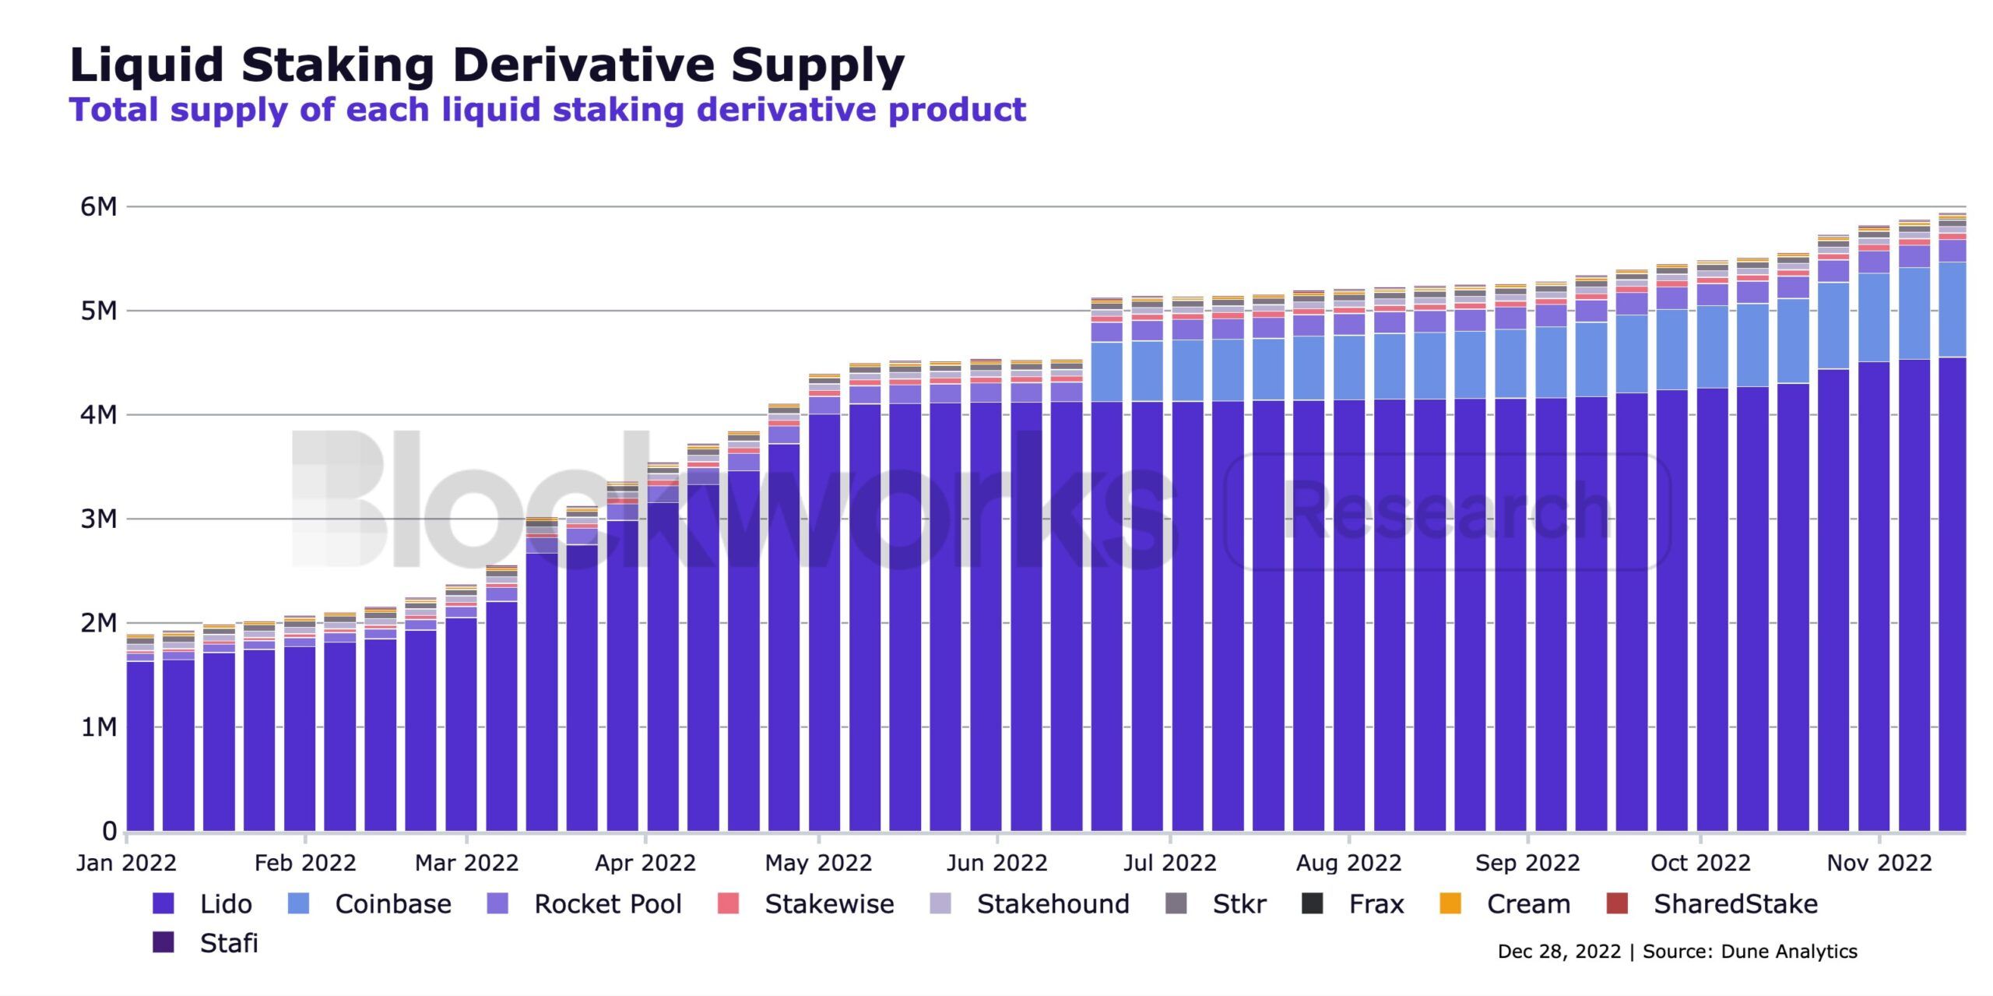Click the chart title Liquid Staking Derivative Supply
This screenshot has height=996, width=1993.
click(487, 65)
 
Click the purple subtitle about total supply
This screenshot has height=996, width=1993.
click(547, 110)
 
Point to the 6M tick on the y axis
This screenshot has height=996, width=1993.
click(99, 207)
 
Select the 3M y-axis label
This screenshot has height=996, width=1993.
click(99, 519)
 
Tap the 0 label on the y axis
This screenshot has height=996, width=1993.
click(110, 831)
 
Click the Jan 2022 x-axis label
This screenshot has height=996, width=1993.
click(126, 863)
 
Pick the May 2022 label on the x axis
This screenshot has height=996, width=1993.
click(818, 863)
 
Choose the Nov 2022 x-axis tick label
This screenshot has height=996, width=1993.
click(1879, 863)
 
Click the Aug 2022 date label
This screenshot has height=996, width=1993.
click(1348, 863)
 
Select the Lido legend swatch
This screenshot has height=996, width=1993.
click(163, 903)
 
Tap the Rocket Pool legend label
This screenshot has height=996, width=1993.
click(607, 904)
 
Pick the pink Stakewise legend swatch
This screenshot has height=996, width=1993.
click(727, 903)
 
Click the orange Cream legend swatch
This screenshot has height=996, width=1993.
click(1450, 903)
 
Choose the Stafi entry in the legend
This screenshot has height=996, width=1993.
click(228, 943)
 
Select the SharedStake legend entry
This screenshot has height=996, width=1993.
click(1735, 904)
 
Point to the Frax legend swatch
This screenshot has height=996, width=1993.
click(1313, 903)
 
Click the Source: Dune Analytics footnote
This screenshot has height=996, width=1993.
click(1749, 952)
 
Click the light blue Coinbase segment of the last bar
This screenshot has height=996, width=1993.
click(1952, 310)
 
